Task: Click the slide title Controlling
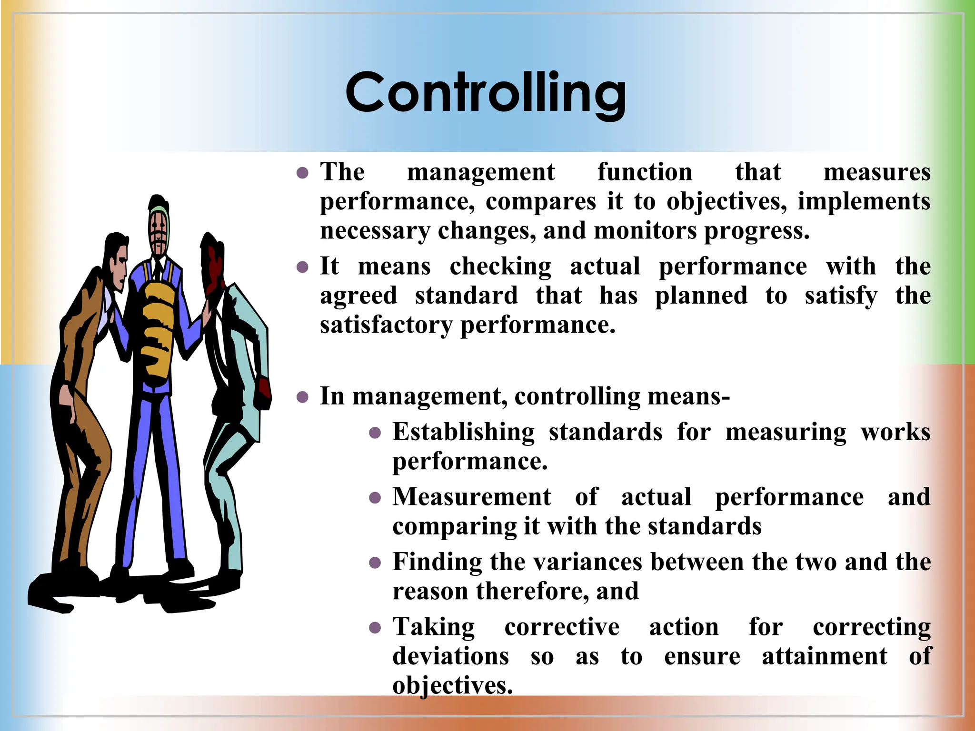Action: (486, 93)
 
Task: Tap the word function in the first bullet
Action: (645, 172)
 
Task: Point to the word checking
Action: (500, 267)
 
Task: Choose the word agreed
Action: (358, 296)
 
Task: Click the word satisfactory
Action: (386, 326)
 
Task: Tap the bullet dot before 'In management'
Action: (302, 397)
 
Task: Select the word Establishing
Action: (463, 432)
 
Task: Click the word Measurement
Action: (471, 497)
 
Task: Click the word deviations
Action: (450, 656)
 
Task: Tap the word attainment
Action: (824, 656)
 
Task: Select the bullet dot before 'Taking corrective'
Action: (375, 628)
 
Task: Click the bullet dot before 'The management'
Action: (302, 173)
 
